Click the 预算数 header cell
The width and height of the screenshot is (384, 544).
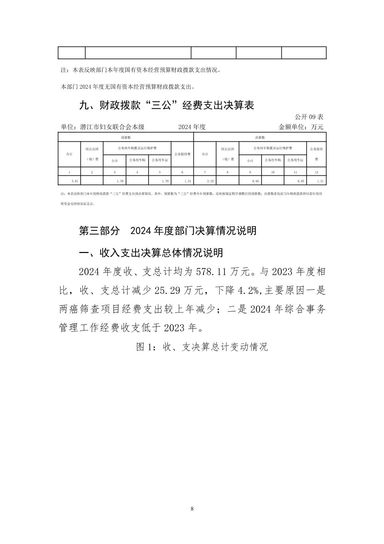click(125, 137)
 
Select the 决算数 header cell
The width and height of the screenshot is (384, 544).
click(260, 137)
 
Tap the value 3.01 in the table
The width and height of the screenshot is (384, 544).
click(75, 181)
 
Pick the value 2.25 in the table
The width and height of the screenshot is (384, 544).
click(210, 181)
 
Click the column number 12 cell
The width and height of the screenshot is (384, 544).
click(316, 172)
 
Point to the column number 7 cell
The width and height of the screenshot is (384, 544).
click(205, 172)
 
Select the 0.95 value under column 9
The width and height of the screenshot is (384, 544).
click(255, 181)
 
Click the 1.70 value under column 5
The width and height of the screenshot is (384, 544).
click(165, 181)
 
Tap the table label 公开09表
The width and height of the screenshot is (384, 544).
click(309, 117)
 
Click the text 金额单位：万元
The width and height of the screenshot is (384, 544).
click(301, 127)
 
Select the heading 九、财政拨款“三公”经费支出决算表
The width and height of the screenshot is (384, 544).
click(166, 105)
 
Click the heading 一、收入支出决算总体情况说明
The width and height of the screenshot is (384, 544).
click(151, 253)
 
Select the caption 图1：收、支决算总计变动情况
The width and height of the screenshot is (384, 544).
click(202, 346)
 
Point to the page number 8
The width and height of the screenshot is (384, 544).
click(192, 509)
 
